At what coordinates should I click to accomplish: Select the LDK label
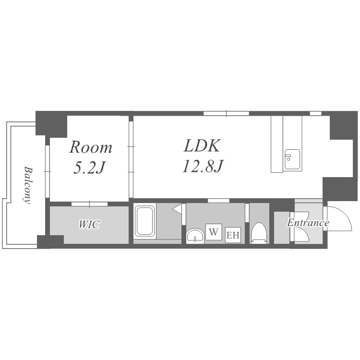(x=202, y=145)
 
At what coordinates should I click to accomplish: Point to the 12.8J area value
(x=203, y=166)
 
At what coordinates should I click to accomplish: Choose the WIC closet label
(x=89, y=224)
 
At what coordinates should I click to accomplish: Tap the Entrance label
(x=308, y=223)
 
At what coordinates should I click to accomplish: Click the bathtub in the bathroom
(x=144, y=221)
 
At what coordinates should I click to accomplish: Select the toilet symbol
(x=259, y=233)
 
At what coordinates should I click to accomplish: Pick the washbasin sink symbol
(x=195, y=236)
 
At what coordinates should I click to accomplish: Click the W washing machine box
(x=214, y=232)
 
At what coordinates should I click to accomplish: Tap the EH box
(x=233, y=235)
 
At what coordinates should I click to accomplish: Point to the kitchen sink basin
(x=292, y=159)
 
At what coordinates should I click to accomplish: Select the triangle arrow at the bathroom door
(x=177, y=209)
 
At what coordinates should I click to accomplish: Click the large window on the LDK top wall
(x=227, y=113)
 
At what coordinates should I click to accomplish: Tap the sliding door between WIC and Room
(x=90, y=204)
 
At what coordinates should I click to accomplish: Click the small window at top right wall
(x=315, y=113)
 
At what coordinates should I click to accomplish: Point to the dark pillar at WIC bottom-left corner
(x=50, y=241)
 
